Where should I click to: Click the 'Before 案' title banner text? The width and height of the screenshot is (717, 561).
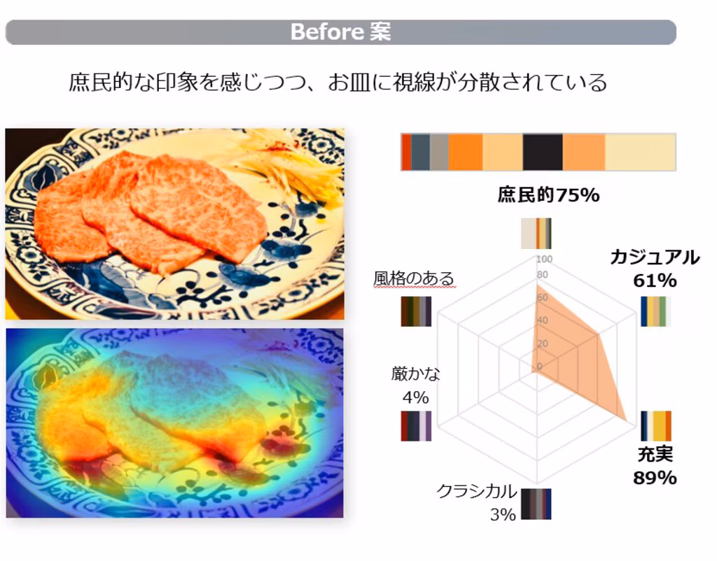(341, 31)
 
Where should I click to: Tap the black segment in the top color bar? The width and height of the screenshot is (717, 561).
(543, 152)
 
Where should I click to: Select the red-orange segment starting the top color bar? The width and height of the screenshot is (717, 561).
(406, 152)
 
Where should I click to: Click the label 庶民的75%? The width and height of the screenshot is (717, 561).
(548, 195)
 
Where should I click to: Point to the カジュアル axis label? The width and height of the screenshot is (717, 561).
(655, 257)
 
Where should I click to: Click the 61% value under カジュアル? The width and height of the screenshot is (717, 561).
(655, 280)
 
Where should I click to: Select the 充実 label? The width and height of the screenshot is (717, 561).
(655, 454)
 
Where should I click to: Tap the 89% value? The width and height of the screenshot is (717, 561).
(655, 478)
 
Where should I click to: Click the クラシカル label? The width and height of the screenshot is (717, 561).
(477, 491)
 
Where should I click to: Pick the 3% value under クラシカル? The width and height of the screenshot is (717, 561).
(503, 515)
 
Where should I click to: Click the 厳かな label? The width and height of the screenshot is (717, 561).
(416, 374)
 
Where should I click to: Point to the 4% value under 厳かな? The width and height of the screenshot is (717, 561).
(416, 397)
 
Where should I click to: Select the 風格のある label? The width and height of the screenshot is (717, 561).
(414, 278)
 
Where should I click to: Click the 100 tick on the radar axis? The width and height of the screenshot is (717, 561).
(544, 259)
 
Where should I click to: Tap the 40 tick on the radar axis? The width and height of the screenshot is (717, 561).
(543, 320)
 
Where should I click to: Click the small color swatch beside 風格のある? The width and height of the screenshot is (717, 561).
(416, 311)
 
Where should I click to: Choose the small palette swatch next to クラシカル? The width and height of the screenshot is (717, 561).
(536, 504)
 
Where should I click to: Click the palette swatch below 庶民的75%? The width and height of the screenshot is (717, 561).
(536, 234)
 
